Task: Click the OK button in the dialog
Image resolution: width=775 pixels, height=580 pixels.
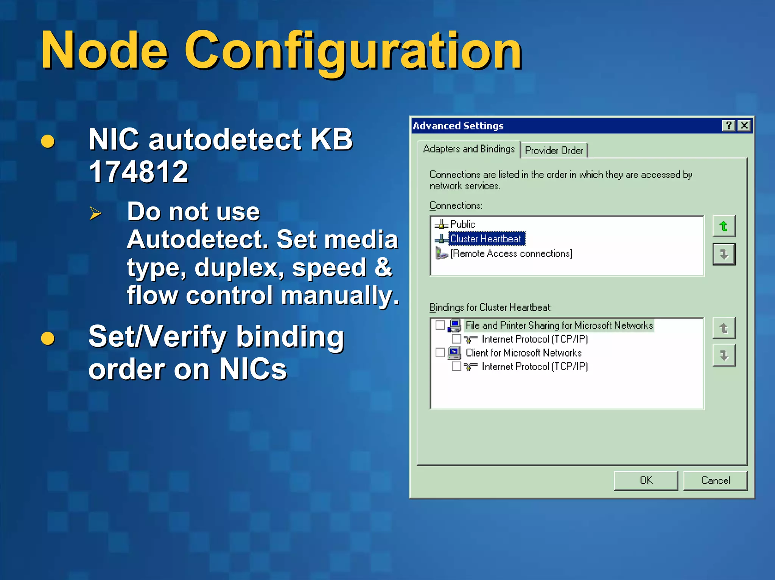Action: [646, 480]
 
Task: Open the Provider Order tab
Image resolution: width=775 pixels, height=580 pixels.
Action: [554, 150]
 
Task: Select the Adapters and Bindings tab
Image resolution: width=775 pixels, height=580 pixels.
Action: [469, 149]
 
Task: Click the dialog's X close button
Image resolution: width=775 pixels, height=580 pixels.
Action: [744, 126]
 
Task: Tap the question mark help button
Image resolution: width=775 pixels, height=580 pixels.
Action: [728, 126]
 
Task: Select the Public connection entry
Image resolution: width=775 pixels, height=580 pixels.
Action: [462, 224]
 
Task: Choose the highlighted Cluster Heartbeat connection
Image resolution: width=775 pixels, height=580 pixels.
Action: [486, 239]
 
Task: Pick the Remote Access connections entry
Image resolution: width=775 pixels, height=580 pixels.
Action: [511, 253]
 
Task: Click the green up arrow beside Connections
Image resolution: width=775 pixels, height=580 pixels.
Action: [724, 226]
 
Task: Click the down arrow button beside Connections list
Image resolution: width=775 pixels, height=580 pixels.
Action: [724, 254]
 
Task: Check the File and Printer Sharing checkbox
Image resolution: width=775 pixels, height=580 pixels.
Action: [440, 325]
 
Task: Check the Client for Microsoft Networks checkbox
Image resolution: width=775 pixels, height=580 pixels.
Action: [440, 352]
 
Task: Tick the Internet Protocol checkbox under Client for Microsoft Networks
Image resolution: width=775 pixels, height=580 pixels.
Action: [456, 366]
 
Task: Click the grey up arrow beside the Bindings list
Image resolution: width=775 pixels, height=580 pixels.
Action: [724, 328]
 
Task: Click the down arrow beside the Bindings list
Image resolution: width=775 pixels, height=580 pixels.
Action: [724, 355]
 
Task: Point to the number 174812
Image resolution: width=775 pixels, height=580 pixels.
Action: [139, 172]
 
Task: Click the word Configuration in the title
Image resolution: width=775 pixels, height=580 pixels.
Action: [353, 51]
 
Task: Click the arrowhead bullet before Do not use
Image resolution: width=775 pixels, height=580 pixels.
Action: [95, 213]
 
